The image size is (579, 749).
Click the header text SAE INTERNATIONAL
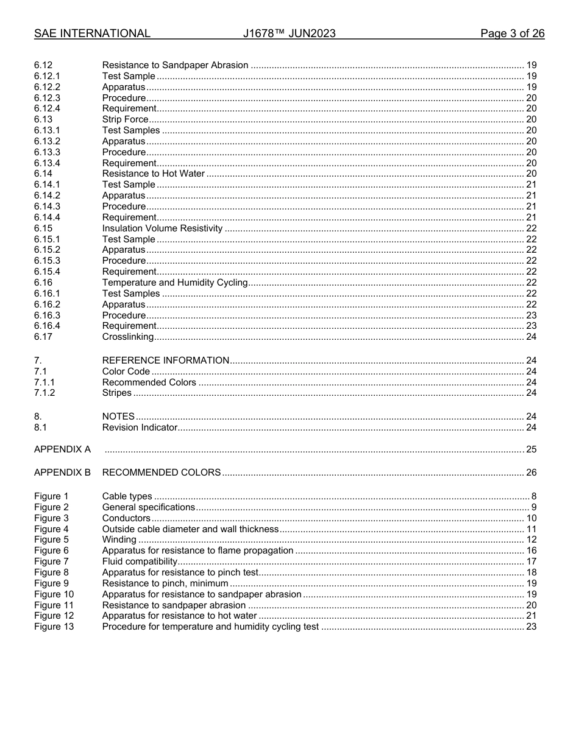point(92,33)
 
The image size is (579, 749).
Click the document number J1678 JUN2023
point(289,33)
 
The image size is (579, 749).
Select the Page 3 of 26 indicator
point(512,33)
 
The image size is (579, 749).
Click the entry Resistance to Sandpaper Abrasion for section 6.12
point(175,65)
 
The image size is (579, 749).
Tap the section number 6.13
point(43,119)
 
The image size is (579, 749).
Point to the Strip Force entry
point(125,119)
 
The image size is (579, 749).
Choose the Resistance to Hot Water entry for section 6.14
point(153,174)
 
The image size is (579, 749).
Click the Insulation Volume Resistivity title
point(162,228)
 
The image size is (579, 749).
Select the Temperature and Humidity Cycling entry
point(175,283)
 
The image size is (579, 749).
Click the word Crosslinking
point(128,337)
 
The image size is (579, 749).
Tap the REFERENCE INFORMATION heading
point(165,360)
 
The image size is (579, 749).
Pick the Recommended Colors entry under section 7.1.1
point(149,382)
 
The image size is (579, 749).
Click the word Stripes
point(116,393)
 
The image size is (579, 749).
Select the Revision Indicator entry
point(140,427)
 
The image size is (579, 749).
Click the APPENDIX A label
point(62,449)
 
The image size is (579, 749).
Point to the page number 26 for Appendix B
point(531,473)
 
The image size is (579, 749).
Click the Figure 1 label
point(51,496)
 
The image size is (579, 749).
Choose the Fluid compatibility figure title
point(140,561)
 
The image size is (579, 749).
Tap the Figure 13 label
point(54,627)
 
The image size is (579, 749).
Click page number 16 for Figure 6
point(531,550)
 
